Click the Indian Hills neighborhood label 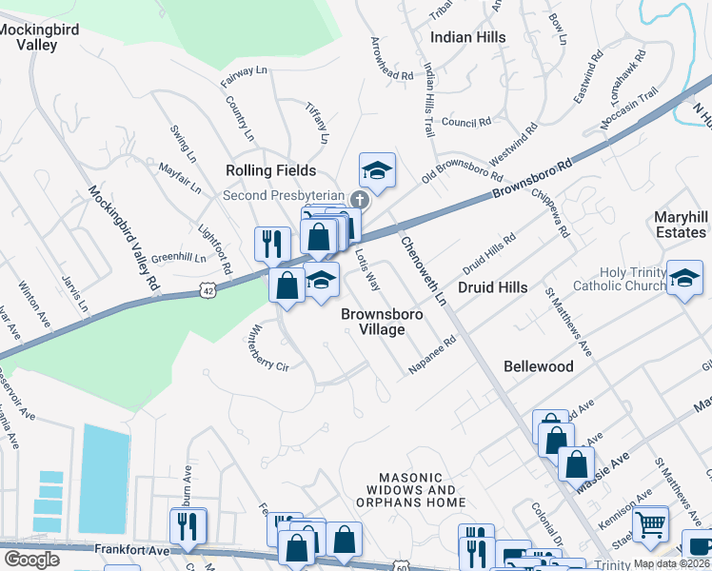(x=468, y=37)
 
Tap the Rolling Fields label (x=270, y=170)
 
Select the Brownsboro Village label (x=373, y=321)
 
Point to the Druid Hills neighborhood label (x=493, y=286)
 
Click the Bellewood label (x=538, y=366)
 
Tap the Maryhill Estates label (x=681, y=225)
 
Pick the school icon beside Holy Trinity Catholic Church (x=683, y=278)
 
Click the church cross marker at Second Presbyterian (x=359, y=199)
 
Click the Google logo (x=31, y=560)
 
